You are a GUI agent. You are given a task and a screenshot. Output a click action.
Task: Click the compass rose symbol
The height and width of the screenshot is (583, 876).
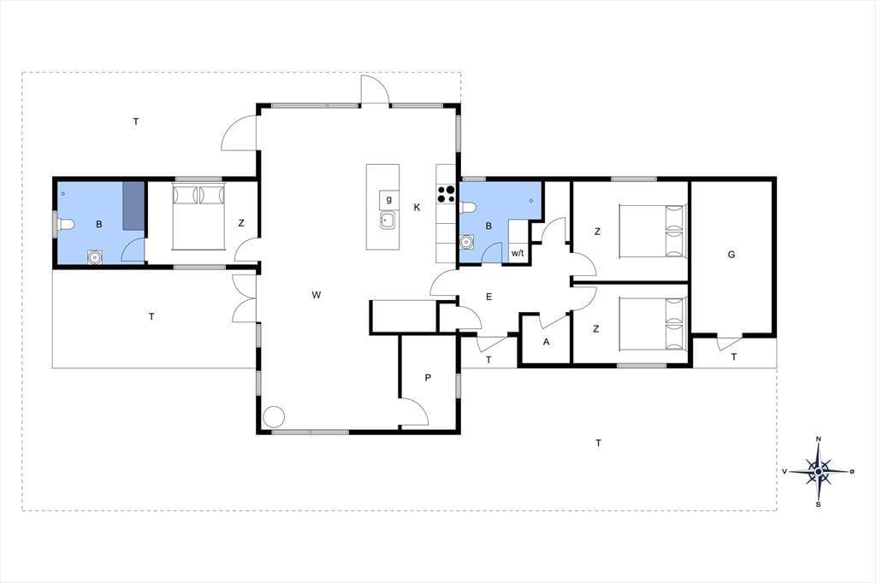click(x=819, y=472)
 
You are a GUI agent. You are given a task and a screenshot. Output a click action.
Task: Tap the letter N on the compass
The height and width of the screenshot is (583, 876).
click(x=819, y=439)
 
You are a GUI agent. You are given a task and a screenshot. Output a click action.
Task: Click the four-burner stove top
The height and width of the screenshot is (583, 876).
click(x=446, y=193)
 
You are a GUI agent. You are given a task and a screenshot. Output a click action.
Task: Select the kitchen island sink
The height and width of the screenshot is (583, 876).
click(x=388, y=221)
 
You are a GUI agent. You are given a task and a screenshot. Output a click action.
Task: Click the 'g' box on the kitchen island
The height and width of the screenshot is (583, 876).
click(x=389, y=199)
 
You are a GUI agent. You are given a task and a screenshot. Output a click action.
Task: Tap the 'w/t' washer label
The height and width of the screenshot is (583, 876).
click(x=518, y=253)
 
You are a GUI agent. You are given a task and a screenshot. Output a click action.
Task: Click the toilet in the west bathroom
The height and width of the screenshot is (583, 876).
click(x=65, y=226)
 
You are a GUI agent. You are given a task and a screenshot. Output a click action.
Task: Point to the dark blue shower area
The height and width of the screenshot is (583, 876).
click(x=133, y=205)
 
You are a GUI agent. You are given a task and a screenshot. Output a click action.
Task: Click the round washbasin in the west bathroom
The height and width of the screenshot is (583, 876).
click(x=94, y=256)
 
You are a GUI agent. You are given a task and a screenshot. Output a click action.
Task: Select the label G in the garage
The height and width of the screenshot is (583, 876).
click(x=731, y=255)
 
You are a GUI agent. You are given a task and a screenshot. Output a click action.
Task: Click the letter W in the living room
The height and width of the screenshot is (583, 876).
click(x=317, y=295)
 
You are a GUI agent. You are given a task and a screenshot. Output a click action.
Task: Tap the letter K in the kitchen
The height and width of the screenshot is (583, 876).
click(x=417, y=208)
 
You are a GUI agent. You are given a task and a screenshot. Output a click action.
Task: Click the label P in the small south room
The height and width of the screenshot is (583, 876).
click(x=428, y=378)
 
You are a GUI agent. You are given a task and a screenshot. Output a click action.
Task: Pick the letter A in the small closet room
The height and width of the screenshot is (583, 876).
click(x=546, y=342)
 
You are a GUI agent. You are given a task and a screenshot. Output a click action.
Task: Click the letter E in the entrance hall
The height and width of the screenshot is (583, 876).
click(x=488, y=297)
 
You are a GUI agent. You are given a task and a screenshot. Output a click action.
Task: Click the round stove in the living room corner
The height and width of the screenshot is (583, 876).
click(x=274, y=416)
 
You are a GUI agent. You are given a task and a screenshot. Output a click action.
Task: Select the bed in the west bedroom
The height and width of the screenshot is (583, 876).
click(x=198, y=216)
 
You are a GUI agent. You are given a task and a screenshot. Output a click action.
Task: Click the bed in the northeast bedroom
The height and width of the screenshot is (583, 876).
click(x=653, y=231)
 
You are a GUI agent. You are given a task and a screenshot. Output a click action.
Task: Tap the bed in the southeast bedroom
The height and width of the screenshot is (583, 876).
click(x=653, y=324)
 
